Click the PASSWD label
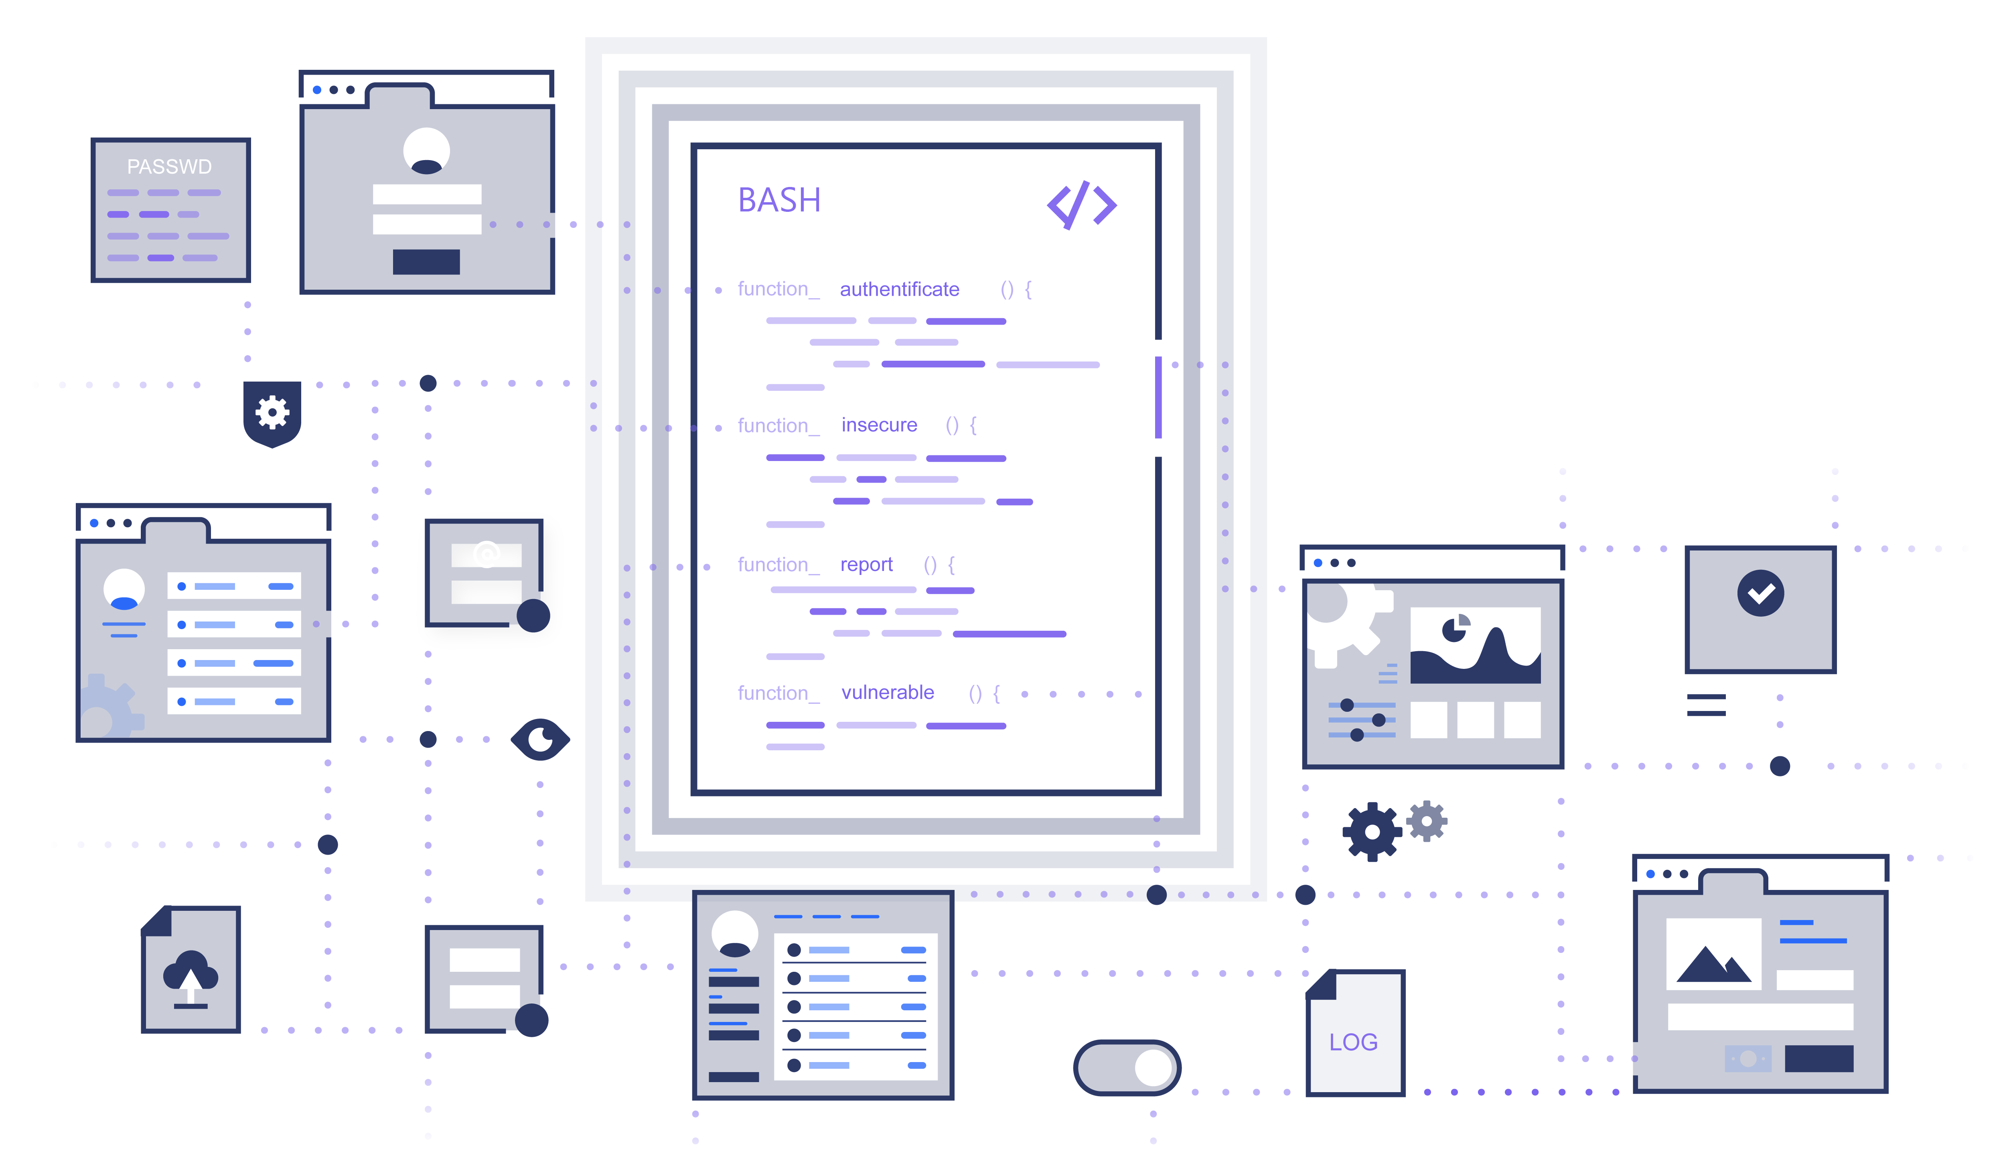pyautogui.click(x=169, y=167)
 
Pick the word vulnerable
pyautogui.click(x=887, y=693)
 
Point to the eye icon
pyautogui.click(x=540, y=739)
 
